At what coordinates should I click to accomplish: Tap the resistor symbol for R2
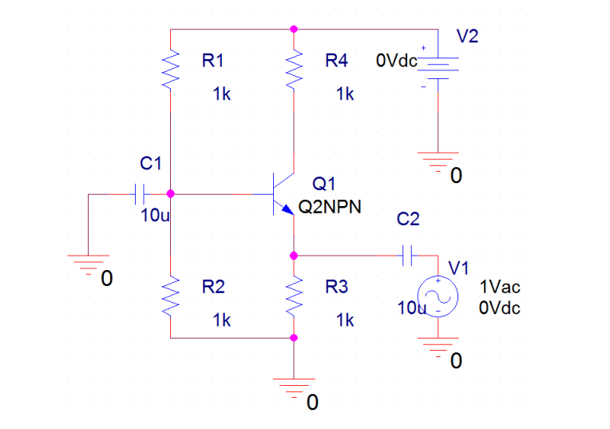tap(171, 296)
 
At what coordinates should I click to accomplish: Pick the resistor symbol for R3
tap(294, 296)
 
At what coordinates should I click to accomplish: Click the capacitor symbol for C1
tap(140, 193)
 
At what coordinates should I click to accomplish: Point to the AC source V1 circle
tap(438, 296)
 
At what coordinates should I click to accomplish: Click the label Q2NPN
tap(330, 207)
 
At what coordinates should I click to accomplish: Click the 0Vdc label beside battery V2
tap(397, 62)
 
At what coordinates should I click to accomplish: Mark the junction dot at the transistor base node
tap(171, 193)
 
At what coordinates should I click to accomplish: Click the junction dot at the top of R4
tap(294, 29)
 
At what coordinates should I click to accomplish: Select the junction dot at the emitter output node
tap(294, 256)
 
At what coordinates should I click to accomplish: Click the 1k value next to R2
tap(222, 320)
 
